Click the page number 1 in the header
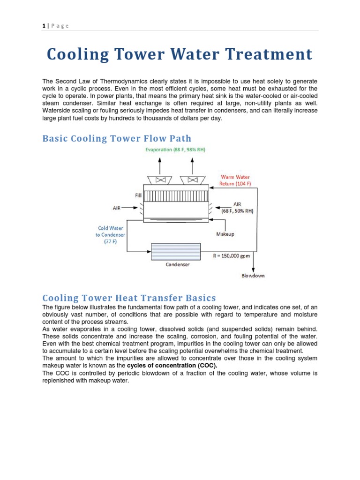(x=43, y=26)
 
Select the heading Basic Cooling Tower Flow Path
(x=117, y=138)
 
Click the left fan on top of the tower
(x=159, y=180)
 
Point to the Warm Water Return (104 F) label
(x=235, y=180)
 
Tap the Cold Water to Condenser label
(x=110, y=234)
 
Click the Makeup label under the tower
(x=225, y=233)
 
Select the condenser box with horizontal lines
(x=176, y=251)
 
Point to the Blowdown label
(x=253, y=276)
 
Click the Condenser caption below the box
(x=178, y=265)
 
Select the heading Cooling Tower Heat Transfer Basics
(x=129, y=298)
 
